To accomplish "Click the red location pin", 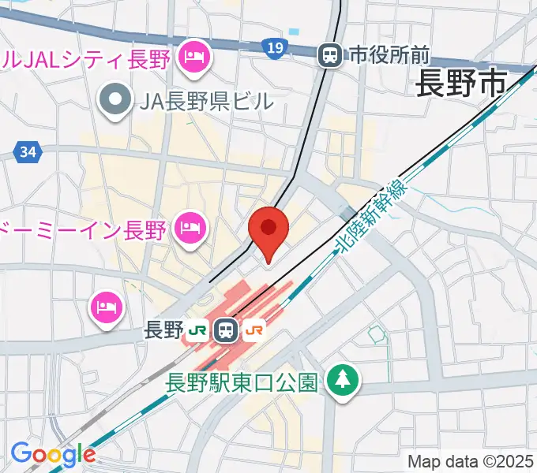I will (268, 230).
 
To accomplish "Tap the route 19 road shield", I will (274, 49).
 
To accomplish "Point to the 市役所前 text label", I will (389, 55).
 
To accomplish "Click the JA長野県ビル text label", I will (207, 100).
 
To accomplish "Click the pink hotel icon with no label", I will (107, 304).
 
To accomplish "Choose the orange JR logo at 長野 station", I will (254, 330).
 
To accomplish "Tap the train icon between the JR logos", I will (227, 330).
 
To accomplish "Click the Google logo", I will (53, 454).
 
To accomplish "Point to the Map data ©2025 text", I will (471, 461).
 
